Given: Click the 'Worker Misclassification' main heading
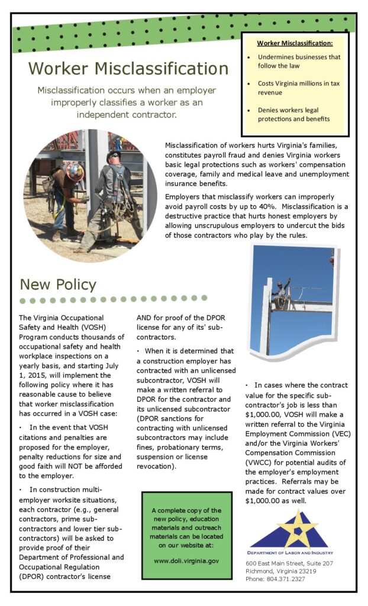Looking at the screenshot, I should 128,69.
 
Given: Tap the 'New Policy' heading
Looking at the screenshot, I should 58,284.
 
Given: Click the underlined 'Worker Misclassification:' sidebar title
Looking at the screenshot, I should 295,43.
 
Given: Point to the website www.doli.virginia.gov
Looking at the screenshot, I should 186,560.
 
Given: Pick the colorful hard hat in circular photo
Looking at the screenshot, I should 75,172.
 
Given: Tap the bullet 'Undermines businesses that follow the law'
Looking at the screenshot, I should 299,62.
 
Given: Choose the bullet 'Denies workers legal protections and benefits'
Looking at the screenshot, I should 293,114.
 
